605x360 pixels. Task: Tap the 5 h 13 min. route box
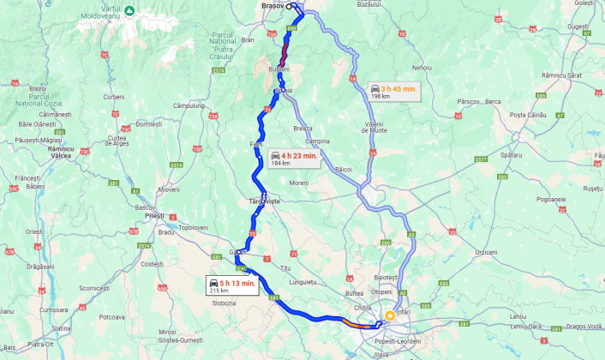pyautogui.click(x=232, y=285)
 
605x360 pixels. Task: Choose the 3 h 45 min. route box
pyautogui.click(x=393, y=91)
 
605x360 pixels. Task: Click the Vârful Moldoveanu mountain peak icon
pyautogui.click(x=129, y=10)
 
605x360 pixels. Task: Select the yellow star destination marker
pyautogui.click(x=390, y=315)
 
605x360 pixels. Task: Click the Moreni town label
pyautogui.click(x=298, y=183)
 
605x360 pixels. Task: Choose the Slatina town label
pyautogui.click(x=61, y=328)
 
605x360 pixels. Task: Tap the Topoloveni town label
pyautogui.click(x=193, y=228)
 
